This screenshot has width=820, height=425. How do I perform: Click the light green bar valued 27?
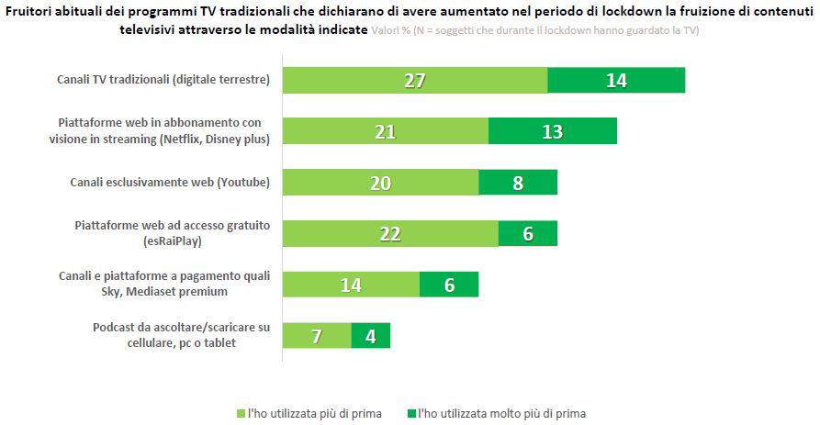coord(414,80)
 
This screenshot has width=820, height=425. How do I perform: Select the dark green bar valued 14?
coord(616,80)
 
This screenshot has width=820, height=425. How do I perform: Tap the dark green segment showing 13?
coord(552,131)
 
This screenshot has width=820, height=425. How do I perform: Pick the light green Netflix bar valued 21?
coord(385,131)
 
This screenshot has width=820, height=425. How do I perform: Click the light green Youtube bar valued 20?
coord(380,183)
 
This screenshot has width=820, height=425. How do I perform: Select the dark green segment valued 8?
coord(518,183)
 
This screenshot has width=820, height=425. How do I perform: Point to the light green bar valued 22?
coord(390,233)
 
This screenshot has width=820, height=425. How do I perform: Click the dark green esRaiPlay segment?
coord(528,233)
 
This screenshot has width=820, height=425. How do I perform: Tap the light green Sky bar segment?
coord(351,285)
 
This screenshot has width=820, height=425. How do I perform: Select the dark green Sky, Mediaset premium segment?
coord(449,285)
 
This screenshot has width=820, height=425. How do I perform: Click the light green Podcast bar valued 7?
coord(316,335)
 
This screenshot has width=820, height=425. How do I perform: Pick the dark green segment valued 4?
coord(371,335)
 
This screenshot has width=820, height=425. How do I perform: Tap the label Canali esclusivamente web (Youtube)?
coord(170,183)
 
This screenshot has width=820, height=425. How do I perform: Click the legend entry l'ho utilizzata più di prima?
coord(309,413)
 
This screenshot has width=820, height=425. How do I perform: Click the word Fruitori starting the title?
coord(31,12)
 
